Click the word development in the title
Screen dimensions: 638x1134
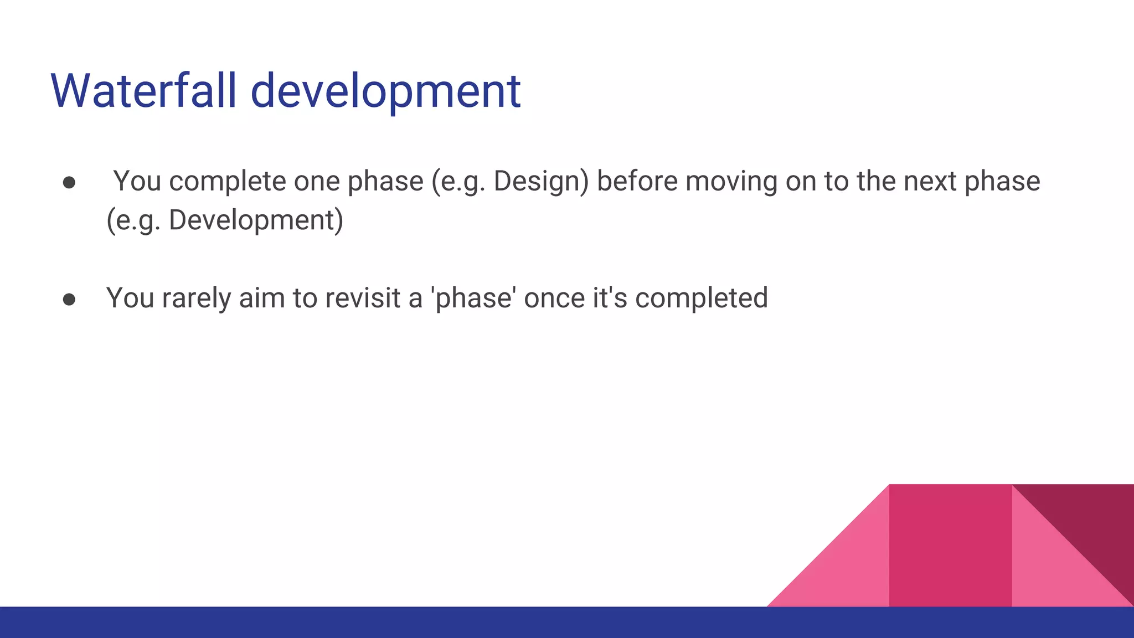point(385,91)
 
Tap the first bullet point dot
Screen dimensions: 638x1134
point(69,183)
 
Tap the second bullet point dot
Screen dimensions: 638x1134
point(69,299)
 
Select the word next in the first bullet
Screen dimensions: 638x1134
point(930,182)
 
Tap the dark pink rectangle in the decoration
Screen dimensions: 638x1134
point(950,546)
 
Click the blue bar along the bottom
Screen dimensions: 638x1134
point(388,622)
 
